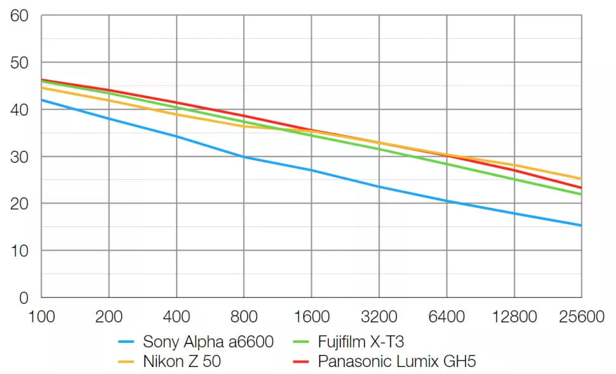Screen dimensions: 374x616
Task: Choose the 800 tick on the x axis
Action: tap(244, 316)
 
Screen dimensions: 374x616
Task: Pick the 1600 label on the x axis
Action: tap(311, 316)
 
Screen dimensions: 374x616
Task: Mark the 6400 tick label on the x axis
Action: tap(446, 316)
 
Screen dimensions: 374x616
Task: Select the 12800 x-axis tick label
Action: tap(514, 316)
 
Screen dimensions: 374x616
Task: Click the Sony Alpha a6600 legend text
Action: tap(208, 342)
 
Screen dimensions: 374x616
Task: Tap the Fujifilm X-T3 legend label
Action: tap(361, 342)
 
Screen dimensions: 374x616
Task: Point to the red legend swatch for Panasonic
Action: tap(302, 362)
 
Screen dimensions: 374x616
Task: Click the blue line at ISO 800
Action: tap(244, 156)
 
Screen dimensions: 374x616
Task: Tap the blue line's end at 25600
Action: tap(581, 225)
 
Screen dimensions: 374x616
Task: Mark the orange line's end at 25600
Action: tap(581, 179)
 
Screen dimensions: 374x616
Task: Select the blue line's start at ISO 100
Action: tap(41, 100)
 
